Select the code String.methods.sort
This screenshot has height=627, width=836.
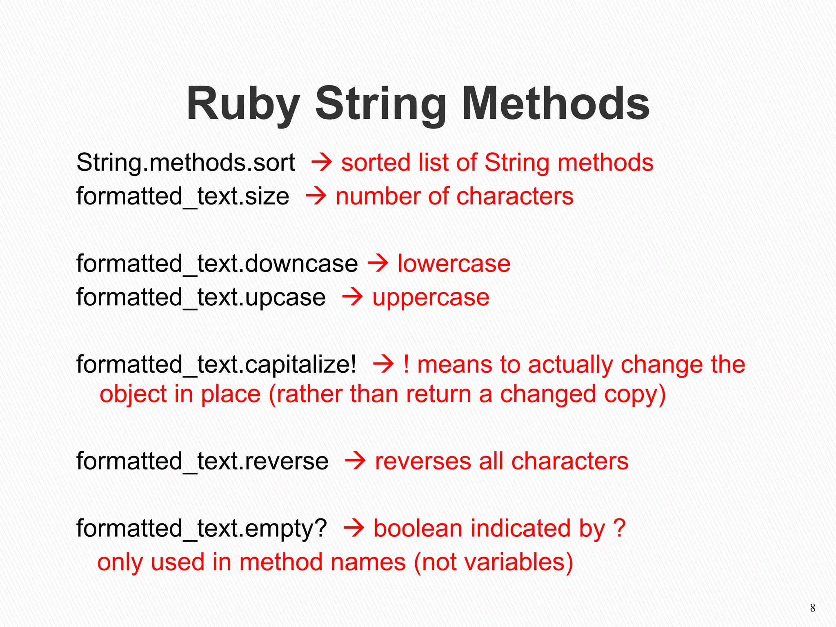point(186,163)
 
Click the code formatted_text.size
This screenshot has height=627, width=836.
point(182,197)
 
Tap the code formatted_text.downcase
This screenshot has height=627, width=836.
point(217,264)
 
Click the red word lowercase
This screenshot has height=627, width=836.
point(454,264)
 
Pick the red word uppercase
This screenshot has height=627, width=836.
point(431,298)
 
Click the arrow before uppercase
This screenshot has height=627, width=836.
point(352,297)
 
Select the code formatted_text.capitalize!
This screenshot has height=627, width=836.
point(216,365)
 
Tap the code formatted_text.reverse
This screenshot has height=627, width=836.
point(202,462)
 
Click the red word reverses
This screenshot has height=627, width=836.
point(423,462)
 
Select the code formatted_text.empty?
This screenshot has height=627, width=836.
point(202,529)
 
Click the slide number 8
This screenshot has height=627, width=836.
point(812,608)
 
